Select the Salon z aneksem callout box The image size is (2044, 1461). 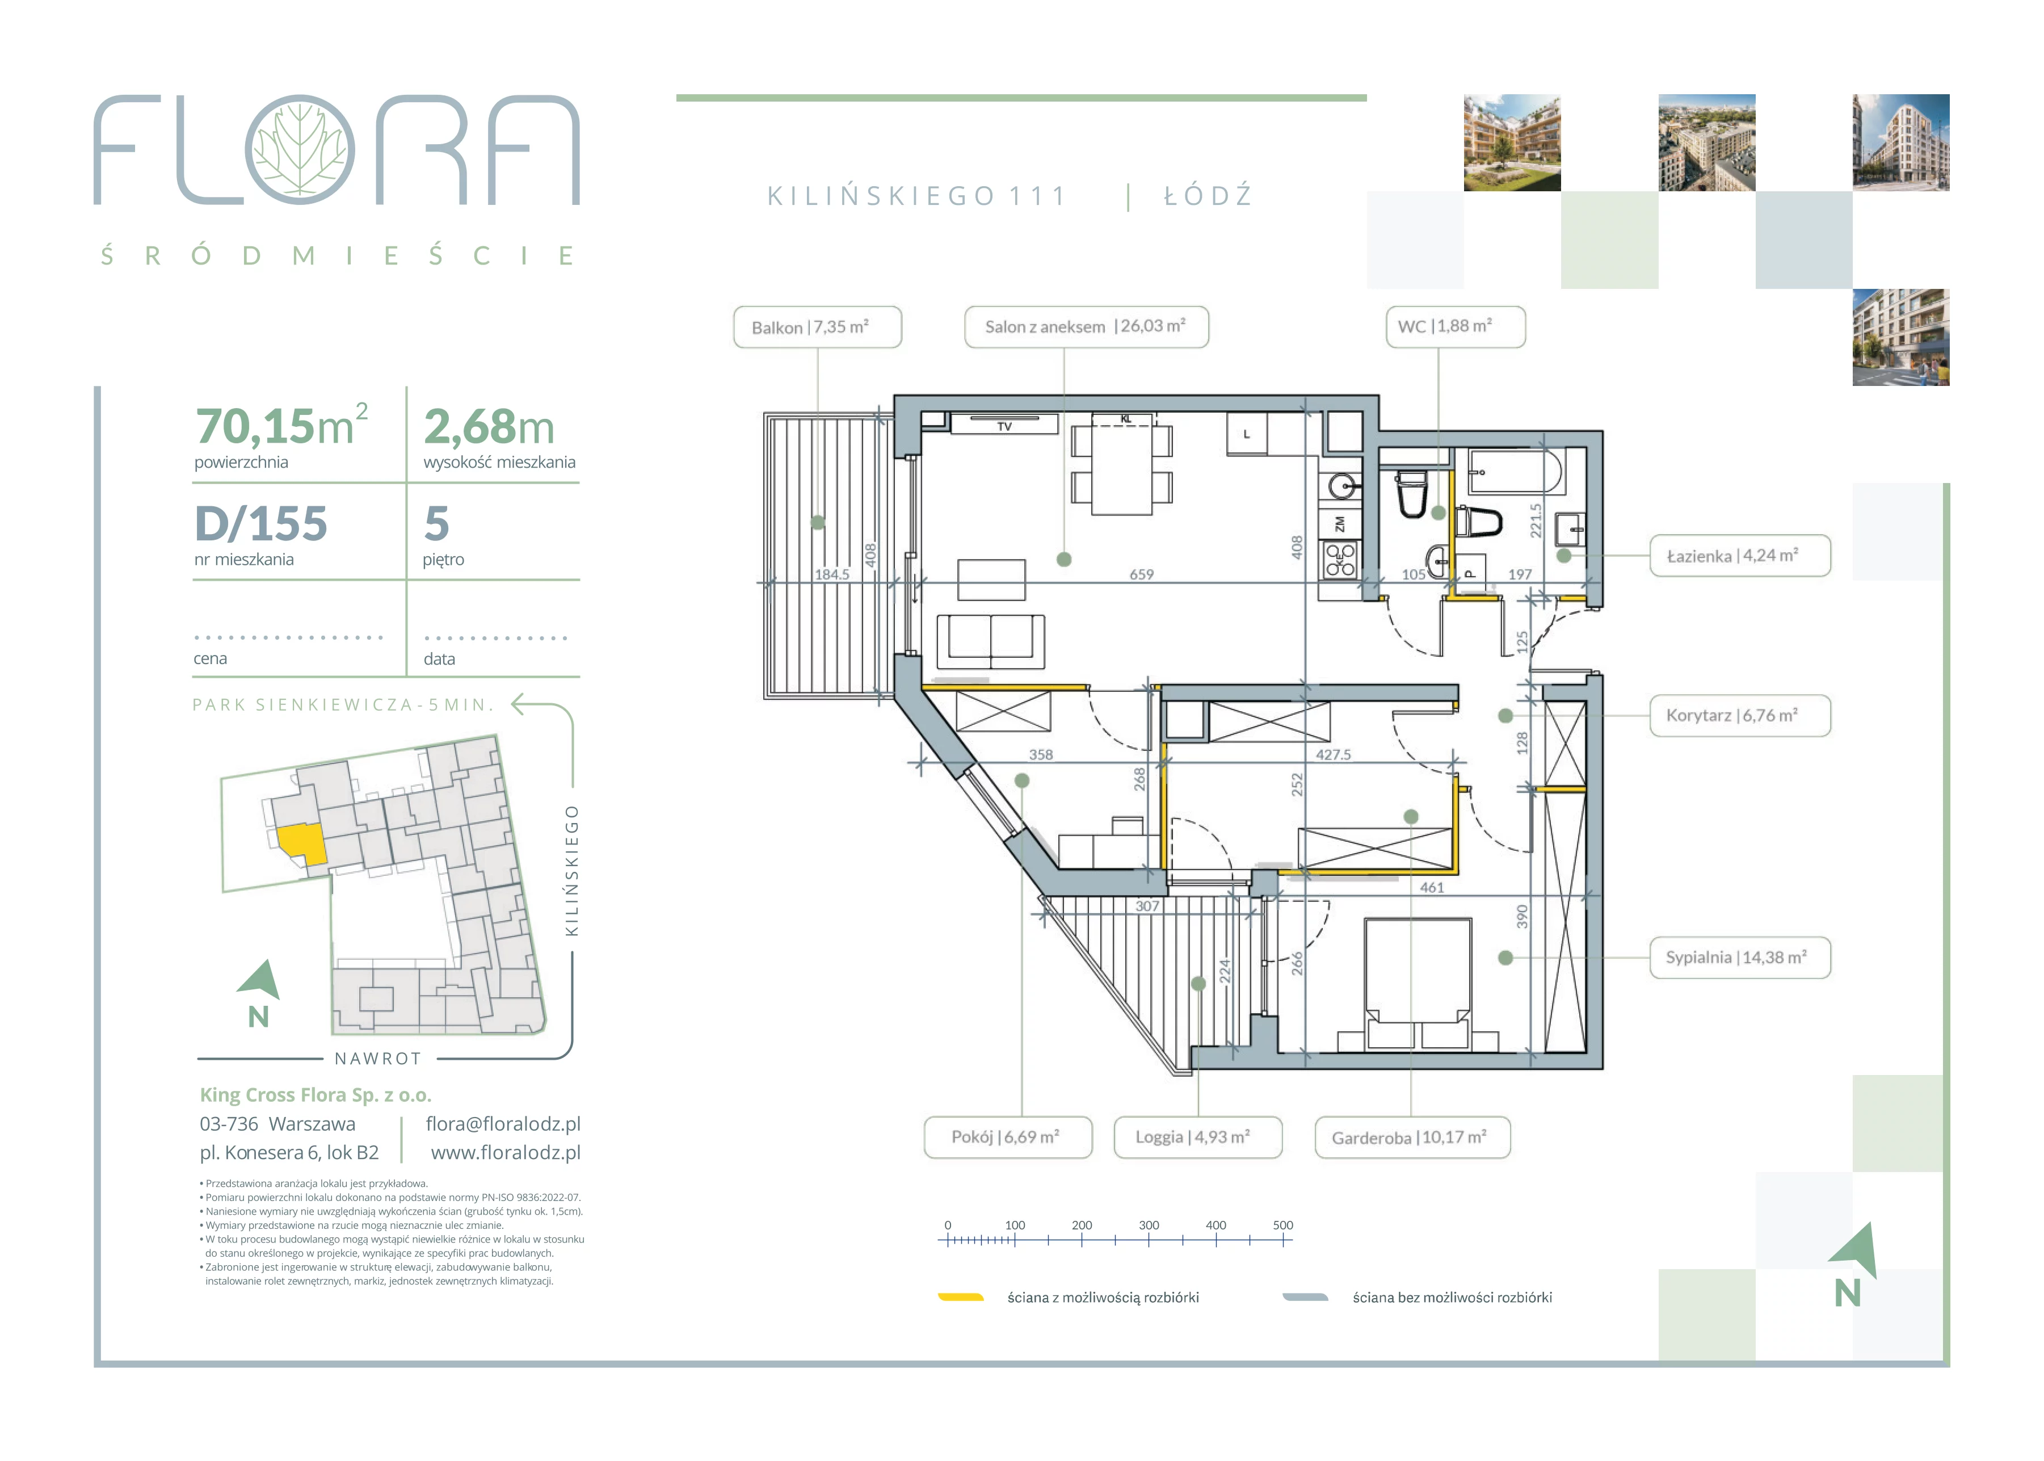pos(1086,326)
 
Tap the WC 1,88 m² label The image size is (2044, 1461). pos(1455,326)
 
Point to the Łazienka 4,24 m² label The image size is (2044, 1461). pos(1740,556)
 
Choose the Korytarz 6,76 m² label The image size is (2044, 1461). pos(1740,716)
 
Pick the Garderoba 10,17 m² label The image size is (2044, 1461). pos(1412,1138)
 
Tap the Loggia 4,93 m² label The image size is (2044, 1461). pos(1197,1137)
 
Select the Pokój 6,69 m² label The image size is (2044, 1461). pos(1008,1137)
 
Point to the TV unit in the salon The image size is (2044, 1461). pos(1004,424)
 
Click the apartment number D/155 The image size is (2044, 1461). pos(261,523)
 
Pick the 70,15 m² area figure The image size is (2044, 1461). pos(281,426)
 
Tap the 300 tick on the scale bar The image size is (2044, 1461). pos(1149,1240)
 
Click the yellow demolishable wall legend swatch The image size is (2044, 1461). pos(960,1298)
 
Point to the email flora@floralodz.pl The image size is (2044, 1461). pos(503,1124)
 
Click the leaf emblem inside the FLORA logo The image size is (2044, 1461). pos(300,149)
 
